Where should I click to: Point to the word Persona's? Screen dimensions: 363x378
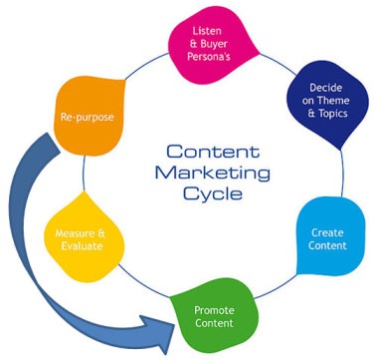pos(208,58)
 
